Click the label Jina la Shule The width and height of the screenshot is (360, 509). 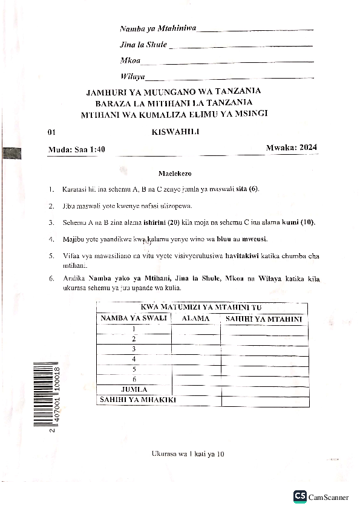[143, 45]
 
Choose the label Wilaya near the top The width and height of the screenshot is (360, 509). [133, 76]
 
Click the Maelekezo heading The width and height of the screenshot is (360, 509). [175, 173]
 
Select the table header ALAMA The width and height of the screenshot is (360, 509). [195, 319]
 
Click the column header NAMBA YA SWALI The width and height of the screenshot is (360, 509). [133, 319]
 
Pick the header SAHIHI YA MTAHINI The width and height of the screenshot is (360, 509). [264, 319]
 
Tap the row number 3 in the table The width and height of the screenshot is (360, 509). [133, 349]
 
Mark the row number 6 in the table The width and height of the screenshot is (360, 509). [133, 379]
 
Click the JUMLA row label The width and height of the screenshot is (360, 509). [134, 389]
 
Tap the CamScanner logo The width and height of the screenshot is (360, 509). [321, 496]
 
